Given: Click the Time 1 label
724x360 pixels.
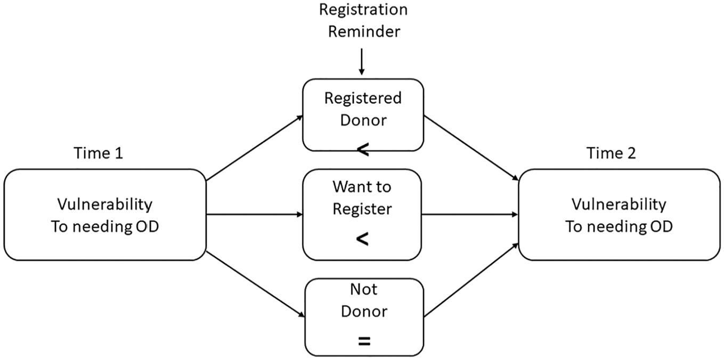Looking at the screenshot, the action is pyautogui.click(x=99, y=153).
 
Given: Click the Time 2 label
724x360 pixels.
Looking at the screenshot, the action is pyautogui.click(x=611, y=153).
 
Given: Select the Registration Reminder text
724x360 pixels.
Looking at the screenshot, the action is pyautogui.click(x=364, y=21).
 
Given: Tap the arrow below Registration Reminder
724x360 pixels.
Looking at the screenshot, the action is pyautogui.click(x=362, y=62).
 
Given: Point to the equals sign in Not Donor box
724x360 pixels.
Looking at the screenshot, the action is pyautogui.click(x=364, y=341).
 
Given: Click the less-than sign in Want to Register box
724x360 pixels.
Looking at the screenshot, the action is pyautogui.click(x=362, y=240).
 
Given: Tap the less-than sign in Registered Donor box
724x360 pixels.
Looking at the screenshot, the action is pyautogui.click(x=363, y=150).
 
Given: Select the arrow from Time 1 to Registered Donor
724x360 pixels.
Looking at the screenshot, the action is pyautogui.click(x=254, y=148).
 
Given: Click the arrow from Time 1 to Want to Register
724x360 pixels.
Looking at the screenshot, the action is pyautogui.click(x=254, y=214).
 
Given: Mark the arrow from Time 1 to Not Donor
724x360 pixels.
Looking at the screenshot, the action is pyautogui.click(x=255, y=284).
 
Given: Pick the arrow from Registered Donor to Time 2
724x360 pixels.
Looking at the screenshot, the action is pyautogui.click(x=471, y=148).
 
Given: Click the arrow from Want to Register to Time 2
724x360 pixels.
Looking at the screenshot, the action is pyautogui.click(x=470, y=214).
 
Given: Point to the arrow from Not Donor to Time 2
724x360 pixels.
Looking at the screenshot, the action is pyautogui.click(x=471, y=280).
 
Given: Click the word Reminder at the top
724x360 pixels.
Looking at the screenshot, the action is pyautogui.click(x=364, y=31).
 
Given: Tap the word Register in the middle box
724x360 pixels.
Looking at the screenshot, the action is pyautogui.click(x=362, y=209).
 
